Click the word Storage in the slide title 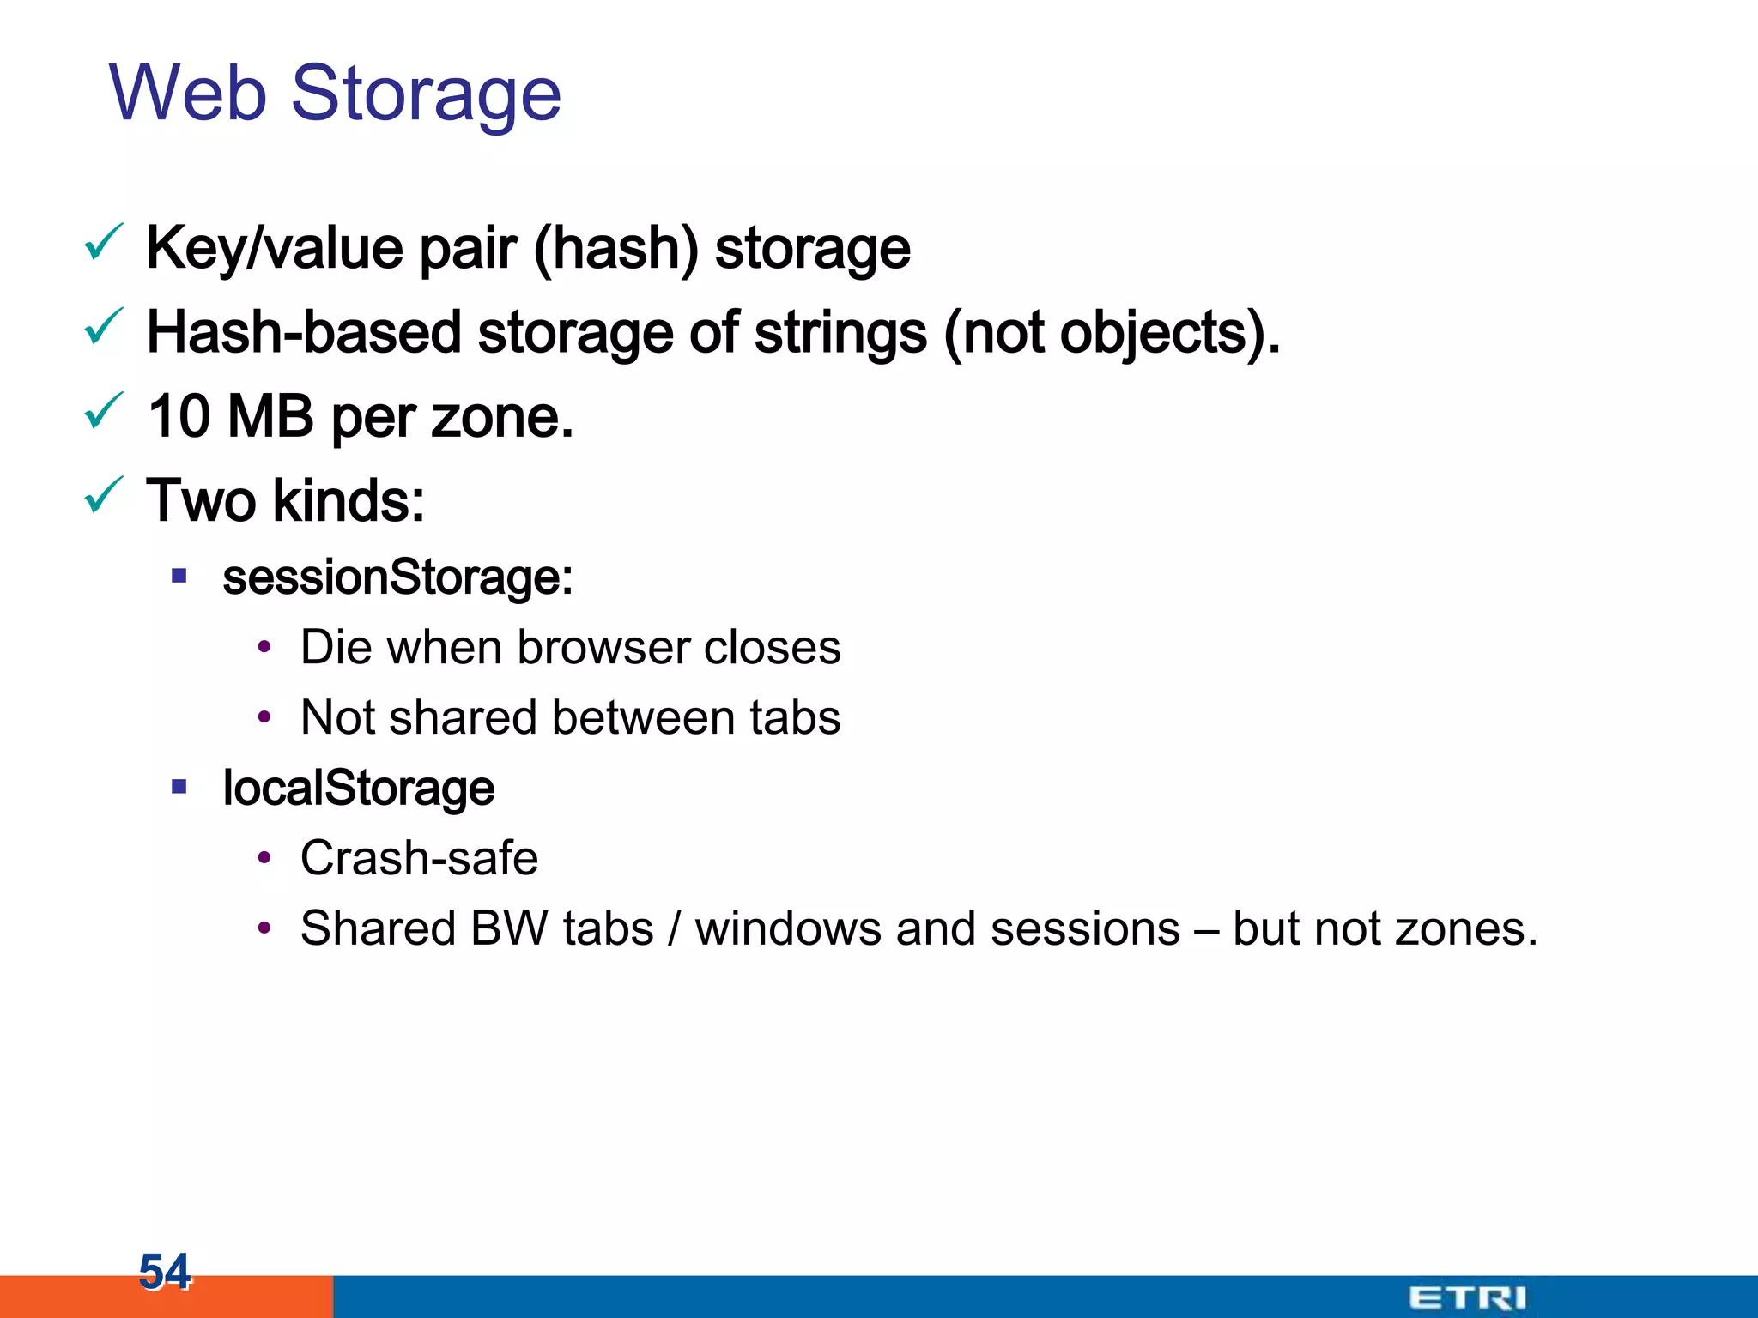coord(427,94)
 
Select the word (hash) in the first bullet coord(615,249)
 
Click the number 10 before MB coord(179,417)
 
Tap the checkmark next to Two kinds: coord(104,495)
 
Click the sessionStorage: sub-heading coord(397,577)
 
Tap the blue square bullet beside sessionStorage coord(179,576)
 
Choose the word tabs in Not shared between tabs coord(794,718)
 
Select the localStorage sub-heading coord(358,789)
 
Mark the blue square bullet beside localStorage coord(179,787)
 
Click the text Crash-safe coord(419,859)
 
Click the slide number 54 coord(164,1271)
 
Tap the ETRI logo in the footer coord(1467,1297)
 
